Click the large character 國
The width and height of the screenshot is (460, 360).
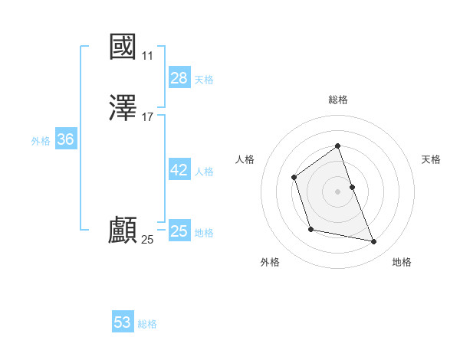click(x=123, y=47)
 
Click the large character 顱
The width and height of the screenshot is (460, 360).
click(x=123, y=231)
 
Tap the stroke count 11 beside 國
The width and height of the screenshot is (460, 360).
click(x=147, y=56)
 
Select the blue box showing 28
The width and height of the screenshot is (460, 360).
click(x=179, y=78)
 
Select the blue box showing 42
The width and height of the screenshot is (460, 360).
click(x=179, y=170)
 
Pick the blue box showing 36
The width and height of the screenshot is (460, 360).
click(x=65, y=139)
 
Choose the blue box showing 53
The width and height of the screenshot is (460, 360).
click(x=122, y=322)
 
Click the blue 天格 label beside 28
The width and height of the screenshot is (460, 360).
click(x=204, y=80)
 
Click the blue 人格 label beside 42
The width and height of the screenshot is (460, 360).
click(x=204, y=172)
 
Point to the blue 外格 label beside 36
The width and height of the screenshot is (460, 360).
click(x=41, y=141)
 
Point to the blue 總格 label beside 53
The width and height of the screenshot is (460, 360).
click(x=147, y=324)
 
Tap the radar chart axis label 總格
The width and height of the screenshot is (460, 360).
click(x=338, y=100)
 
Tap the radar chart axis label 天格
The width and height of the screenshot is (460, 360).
click(x=431, y=159)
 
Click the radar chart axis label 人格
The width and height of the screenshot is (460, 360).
click(x=245, y=159)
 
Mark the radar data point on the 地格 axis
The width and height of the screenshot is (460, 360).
click(x=374, y=242)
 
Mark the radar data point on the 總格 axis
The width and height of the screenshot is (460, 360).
click(x=338, y=146)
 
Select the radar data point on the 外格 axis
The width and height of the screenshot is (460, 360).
click(x=310, y=229)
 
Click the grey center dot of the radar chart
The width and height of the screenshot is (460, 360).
click(x=338, y=191)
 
